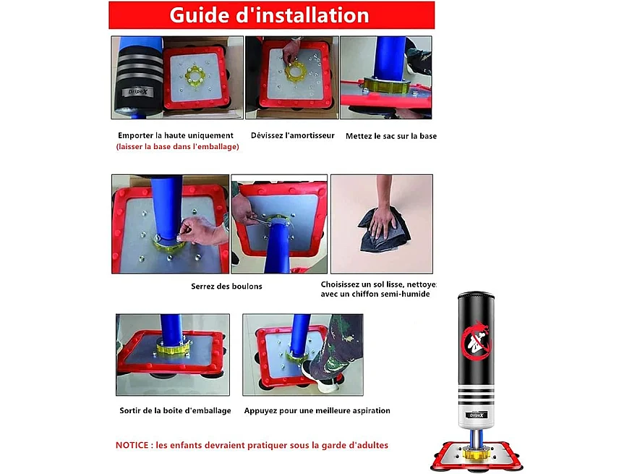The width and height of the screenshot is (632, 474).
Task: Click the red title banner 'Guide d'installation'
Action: click(272, 15)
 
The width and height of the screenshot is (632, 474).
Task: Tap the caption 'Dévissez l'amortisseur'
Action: click(293, 135)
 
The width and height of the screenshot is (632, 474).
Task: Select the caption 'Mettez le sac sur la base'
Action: click(391, 136)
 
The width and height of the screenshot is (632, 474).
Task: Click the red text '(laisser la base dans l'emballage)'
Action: click(178, 147)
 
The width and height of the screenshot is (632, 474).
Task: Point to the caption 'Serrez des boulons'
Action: click(226, 287)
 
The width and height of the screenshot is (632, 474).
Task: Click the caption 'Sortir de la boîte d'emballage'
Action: click(175, 410)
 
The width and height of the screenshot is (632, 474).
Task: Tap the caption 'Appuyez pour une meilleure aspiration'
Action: click(317, 410)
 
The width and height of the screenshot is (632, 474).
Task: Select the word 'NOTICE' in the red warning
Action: click(132, 445)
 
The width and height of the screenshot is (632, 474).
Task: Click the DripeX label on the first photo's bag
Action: click(138, 92)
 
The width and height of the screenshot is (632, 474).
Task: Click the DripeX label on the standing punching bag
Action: click(477, 415)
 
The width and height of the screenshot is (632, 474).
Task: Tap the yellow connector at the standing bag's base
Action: click(477, 454)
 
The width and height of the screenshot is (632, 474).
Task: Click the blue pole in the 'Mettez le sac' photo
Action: click(388, 58)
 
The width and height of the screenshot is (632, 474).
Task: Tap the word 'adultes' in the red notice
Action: click(374, 445)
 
